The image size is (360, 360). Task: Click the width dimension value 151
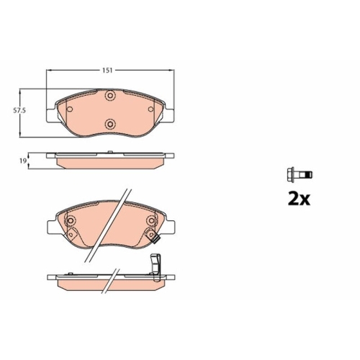point(107,71)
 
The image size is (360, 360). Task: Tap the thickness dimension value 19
point(23,162)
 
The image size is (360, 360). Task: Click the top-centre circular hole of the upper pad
point(110,97)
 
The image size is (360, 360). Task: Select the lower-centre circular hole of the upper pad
point(110,122)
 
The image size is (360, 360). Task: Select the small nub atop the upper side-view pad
point(110,151)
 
